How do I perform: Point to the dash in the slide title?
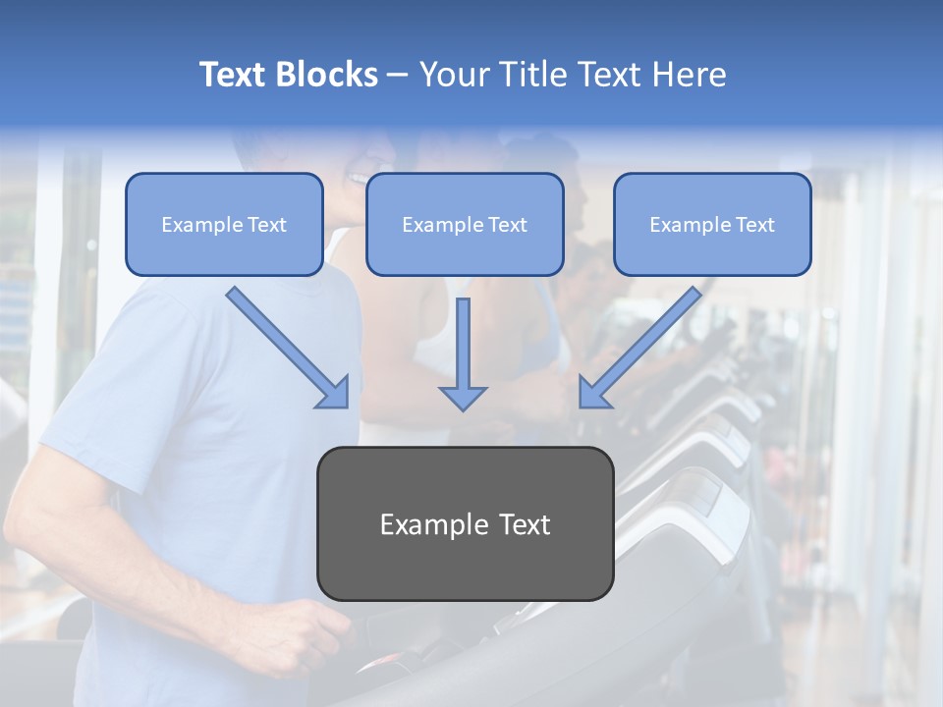point(398,76)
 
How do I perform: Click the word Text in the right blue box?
point(754,225)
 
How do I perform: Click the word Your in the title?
point(452,75)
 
